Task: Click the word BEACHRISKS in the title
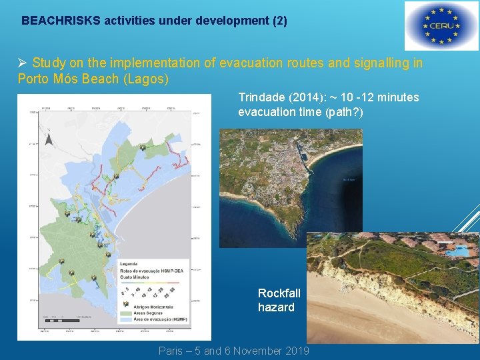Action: [61, 21]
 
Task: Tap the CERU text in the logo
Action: [441, 26]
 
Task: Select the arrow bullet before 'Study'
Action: [22, 63]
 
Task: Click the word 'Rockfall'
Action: [279, 293]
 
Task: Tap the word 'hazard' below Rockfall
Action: [276, 307]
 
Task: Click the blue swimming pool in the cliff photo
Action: [459, 250]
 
